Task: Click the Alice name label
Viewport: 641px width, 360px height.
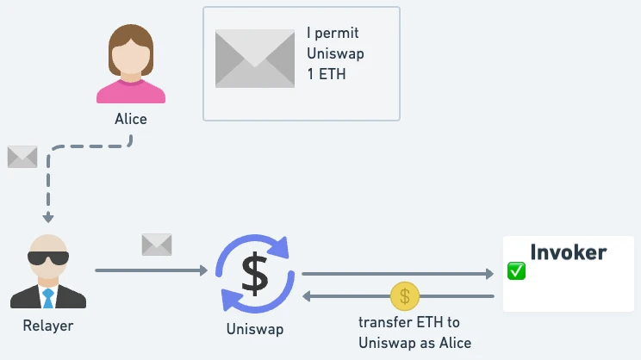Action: click(131, 120)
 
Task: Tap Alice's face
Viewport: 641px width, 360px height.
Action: click(130, 54)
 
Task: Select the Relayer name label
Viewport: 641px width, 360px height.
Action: click(48, 326)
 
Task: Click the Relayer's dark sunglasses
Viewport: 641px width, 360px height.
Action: click(47, 258)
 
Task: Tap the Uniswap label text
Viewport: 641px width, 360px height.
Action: click(254, 328)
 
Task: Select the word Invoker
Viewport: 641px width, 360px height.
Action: click(568, 252)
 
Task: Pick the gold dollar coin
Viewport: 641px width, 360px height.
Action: click(404, 296)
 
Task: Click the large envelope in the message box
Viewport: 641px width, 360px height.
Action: click(256, 59)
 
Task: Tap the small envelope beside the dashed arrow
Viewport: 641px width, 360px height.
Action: click(22, 157)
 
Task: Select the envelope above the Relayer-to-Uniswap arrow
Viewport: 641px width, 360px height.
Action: click(157, 245)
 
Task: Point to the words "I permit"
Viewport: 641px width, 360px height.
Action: click(333, 34)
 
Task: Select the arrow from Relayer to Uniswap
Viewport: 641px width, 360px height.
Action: click(151, 271)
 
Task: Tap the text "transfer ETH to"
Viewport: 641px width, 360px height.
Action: click(409, 323)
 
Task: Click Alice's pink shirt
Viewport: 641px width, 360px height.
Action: click(130, 92)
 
